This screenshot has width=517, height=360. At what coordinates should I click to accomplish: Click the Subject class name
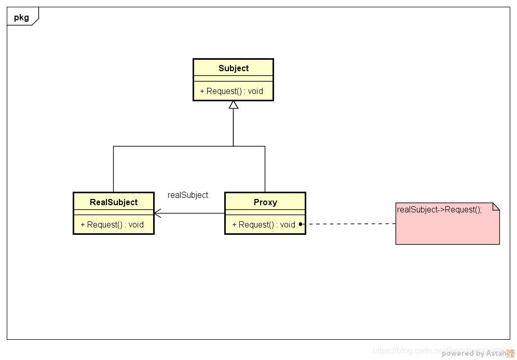[x=233, y=69]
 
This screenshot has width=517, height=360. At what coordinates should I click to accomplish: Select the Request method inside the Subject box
[x=232, y=91]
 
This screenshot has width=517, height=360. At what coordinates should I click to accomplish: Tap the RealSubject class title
[x=114, y=203]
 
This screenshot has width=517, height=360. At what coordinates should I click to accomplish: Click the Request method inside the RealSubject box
[x=112, y=225]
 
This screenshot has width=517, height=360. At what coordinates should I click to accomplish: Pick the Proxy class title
[x=265, y=203]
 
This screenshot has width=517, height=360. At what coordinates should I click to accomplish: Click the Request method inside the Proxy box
[x=264, y=225]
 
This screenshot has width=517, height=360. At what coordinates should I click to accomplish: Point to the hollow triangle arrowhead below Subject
[x=234, y=105]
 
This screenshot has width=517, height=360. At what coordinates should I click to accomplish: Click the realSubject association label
[x=188, y=195]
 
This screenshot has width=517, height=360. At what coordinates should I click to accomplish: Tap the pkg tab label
[x=21, y=17]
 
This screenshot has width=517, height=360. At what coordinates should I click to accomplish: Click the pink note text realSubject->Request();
[x=439, y=210]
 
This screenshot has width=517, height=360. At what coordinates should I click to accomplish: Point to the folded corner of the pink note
[x=496, y=206]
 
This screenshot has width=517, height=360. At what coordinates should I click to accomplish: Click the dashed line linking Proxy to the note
[x=348, y=224]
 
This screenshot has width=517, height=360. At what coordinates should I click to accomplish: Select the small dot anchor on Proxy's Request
[x=301, y=224]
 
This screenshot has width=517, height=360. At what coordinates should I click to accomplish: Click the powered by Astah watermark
[x=473, y=354]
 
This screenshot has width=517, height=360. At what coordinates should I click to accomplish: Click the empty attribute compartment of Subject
[x=233, y=78]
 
